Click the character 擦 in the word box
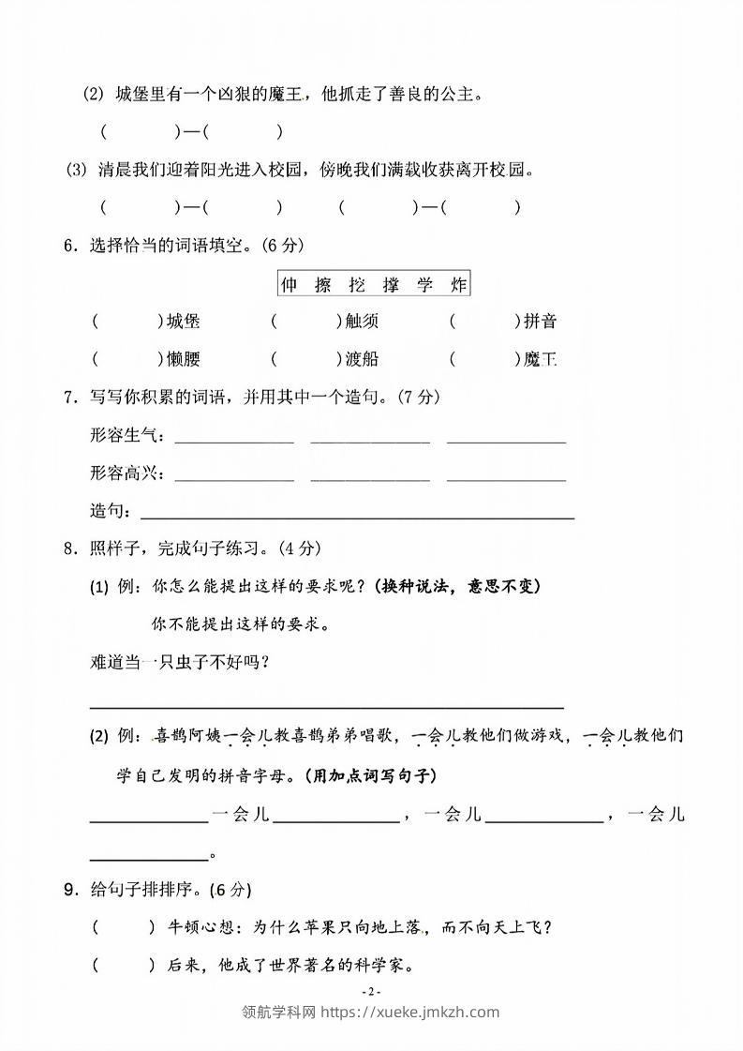(x=323, y=285)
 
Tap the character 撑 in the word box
(x=391, y=285)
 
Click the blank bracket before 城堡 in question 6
(x=126, y=322)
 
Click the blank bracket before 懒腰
(x=126, y=358)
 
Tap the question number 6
(x=68, y=247)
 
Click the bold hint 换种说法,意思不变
(x=456, y=587)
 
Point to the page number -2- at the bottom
(x=371, y=992)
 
